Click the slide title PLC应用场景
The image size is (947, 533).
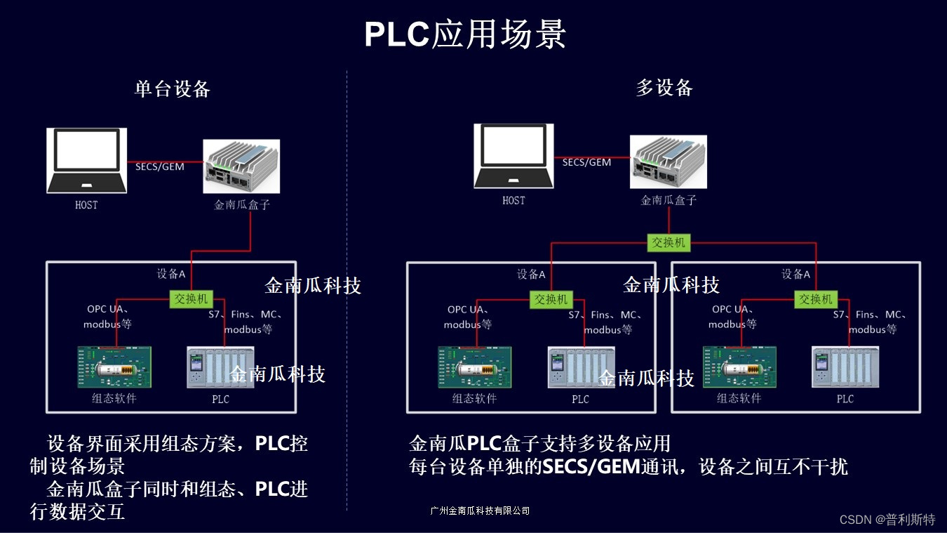click(x=465, y=34)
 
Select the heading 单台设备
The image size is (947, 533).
click(x=173, y=89)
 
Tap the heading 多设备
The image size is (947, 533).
click(x=664, y=88)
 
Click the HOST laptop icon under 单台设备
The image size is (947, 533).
click(x=87, y=160)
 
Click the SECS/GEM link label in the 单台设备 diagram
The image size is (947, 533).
click(x=159, y=166)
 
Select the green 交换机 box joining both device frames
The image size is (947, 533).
click(x=668, y=243)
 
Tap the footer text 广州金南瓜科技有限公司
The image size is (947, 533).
click(x=480, y=511)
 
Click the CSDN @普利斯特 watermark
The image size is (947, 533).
click(x=887, y=520)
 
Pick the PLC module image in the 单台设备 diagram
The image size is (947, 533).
click(x=220, y=367)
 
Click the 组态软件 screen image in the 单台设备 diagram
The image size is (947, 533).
click(x=114, y=367)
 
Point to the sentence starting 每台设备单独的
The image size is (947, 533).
click(x=628, y=467)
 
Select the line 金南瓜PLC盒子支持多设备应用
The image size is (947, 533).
click(x=539, y=444)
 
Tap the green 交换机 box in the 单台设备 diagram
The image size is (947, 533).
click(x=192, y=299)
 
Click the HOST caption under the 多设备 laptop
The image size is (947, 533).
click(x=513, y=201)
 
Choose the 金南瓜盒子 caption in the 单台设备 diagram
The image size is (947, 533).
click(x=242, y=205)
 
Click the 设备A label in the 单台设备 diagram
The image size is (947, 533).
click(x=172, y=274)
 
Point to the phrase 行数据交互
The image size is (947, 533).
click(x=77, y=512)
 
